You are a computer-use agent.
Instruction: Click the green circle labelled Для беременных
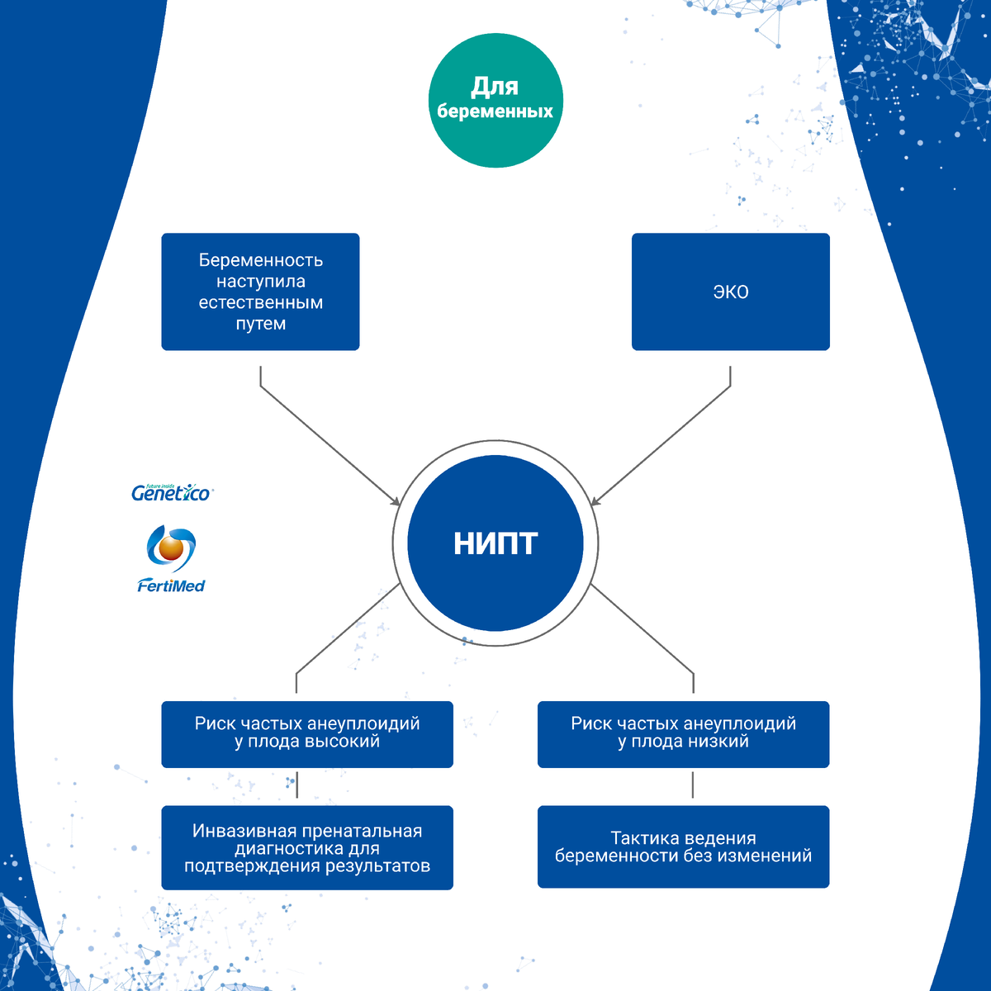[495, 100]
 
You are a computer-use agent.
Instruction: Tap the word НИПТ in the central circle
[495, 543]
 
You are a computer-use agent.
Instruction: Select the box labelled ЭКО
[730, 292]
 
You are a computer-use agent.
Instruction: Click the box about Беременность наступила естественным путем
[260, 292]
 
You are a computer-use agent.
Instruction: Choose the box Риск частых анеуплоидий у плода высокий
[307, 734]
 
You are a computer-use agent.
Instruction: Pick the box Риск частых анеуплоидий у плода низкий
[683, 734]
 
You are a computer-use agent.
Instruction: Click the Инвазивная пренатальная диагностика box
[307, 847]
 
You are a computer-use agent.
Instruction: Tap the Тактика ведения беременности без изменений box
[683, 846]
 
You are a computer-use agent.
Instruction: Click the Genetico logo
[172, 493]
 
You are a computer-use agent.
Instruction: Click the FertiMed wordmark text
[171, 586]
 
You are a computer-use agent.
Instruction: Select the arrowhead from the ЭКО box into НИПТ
[595, 501]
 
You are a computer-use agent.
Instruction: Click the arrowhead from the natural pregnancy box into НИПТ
[396, 501]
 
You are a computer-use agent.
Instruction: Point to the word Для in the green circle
[495, 87]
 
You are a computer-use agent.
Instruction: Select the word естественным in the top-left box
[260, 302]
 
